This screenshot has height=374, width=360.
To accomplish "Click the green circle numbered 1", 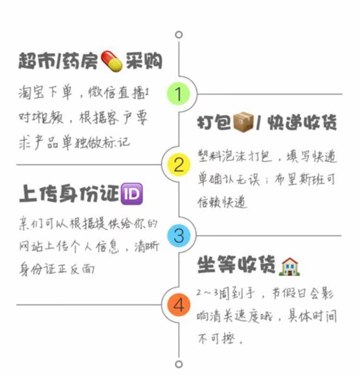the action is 179,94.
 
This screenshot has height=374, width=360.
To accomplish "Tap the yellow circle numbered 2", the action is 179,165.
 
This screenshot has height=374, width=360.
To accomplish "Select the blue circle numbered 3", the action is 179,235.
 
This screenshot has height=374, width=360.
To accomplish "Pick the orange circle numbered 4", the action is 179,305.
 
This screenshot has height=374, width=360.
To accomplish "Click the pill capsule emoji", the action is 112,61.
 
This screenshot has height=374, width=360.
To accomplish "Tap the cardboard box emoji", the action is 243,122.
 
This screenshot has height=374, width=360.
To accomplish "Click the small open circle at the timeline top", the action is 179,35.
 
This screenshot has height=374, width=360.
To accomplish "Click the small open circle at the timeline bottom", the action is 179,363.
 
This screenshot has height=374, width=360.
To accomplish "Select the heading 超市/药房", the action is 58,61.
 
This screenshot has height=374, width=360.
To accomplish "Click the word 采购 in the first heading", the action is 144,61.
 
